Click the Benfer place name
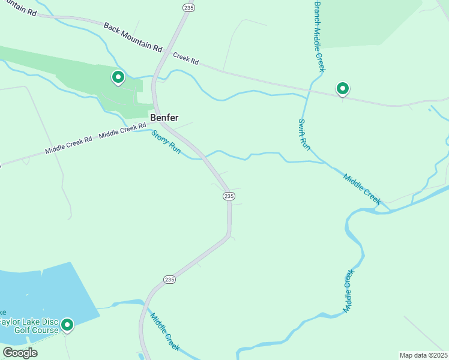[164, 118]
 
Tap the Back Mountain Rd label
[133, 37]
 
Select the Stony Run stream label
[166, 142]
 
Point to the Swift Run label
[304, 134]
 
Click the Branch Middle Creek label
[318, 36]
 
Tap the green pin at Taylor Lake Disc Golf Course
[67, 325]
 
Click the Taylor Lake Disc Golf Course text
[29, 326]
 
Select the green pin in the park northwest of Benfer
[118, 77]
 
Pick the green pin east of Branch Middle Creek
[342, 89]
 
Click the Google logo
[20, 352]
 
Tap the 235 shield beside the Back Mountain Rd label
[188, 7]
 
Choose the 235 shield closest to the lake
[169, 280]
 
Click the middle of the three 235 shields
[228, 196]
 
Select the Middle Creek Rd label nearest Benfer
[122, 130]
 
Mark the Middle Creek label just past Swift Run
[362, 188]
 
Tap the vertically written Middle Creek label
[348, 290]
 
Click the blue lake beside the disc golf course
[42, 294]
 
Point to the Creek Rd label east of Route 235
[185, 58]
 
